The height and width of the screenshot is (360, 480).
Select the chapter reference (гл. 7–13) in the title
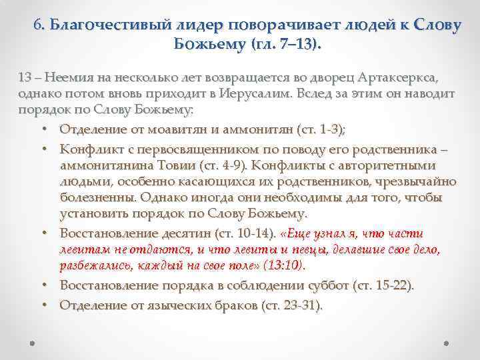coord(284,45)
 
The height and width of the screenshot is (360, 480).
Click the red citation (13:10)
coord(283,266)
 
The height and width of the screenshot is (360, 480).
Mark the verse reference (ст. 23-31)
coord(290,305)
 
